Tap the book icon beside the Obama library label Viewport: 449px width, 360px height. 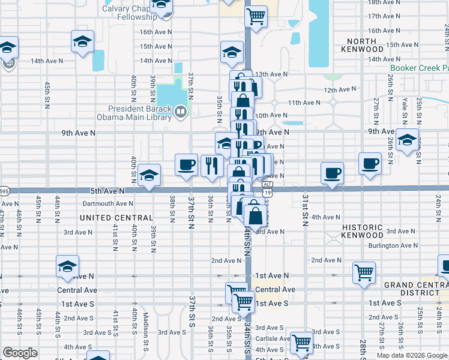(181, 111)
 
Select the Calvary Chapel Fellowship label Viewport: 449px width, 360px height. (129, 13)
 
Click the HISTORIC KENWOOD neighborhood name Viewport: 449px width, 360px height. (371, 232)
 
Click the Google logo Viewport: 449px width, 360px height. (20, 353)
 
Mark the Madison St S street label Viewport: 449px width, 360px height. (146, 333)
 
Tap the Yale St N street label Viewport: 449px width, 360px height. (405, 108)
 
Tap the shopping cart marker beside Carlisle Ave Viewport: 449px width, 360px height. (301, 342)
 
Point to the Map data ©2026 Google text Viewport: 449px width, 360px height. (411, 355)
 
